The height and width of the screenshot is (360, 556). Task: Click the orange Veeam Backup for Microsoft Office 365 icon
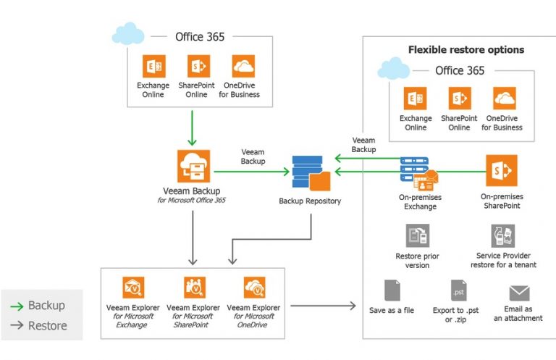pyautogui.click(x=193, y=166)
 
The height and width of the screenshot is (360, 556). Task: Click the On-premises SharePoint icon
pyautogui.click(x=501, y=171)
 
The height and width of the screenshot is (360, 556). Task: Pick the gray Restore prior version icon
pyautogui.click(x=417, y=235)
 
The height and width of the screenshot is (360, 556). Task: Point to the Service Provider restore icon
pyautogui.click(x=502, y=235)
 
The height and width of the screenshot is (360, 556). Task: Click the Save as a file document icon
pyautogui.click(x=392, y=290)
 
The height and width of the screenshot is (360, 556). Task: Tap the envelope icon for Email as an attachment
pyautogui.click(x=519, y=293)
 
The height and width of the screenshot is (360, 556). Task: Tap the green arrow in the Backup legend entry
pyautogui.click(x=16, y=306)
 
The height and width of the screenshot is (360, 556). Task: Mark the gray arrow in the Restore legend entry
pyautogui.click(x=16, y=326)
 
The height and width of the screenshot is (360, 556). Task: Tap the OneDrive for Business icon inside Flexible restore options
pyautogui.click(x=504, y=98)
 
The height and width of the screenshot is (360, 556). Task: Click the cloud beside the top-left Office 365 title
pyautogui.click(x=127, y=34)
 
